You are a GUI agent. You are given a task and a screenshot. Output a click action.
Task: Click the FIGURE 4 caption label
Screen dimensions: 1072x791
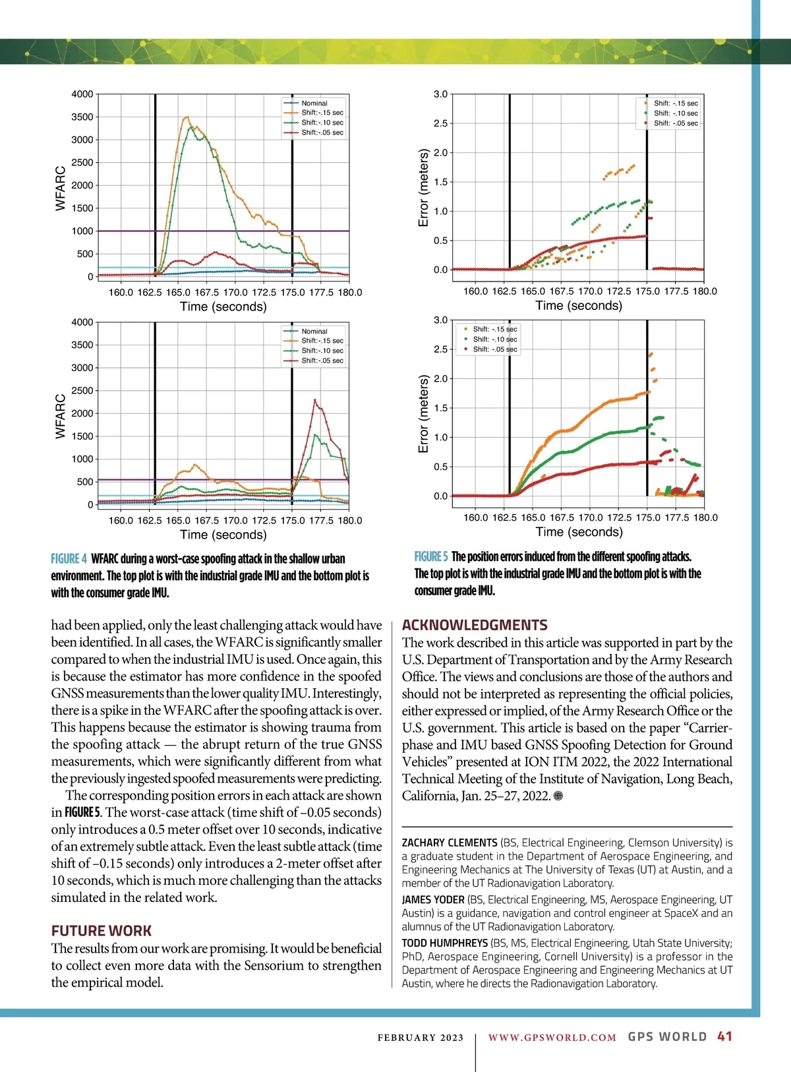(69, 559)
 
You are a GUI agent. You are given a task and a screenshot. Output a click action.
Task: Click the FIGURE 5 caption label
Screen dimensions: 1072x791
(431, 556)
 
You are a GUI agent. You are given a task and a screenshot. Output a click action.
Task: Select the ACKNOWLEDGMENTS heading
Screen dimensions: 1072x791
(475, 625)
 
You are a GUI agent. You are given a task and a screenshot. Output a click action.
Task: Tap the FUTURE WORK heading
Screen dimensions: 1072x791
(102, 931)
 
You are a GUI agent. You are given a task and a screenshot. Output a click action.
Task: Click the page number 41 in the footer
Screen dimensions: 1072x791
(724, 1036)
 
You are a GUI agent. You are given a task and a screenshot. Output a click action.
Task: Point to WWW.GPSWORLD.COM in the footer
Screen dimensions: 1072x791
(552, 1037)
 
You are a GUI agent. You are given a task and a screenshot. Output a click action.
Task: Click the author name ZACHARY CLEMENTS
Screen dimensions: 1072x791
(450, 843)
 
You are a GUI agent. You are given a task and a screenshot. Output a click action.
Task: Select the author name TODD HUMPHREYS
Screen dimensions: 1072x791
(445, 943)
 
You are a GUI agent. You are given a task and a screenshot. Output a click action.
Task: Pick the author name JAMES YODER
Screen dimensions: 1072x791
(433, 899)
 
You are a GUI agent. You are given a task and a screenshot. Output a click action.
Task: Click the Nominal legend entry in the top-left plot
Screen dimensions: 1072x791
(314, 103)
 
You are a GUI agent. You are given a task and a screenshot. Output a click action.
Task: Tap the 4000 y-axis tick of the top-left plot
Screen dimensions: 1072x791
(82, 94)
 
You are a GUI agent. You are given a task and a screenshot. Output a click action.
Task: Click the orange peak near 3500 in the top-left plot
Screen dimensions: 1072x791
(187, 117)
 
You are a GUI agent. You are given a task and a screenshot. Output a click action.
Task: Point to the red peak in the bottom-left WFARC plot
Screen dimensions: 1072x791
(315, 400)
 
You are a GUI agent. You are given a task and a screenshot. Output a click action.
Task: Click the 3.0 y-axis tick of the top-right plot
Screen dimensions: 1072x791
(440, 94)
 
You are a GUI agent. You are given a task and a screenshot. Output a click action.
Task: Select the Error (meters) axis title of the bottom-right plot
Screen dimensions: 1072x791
(424, 414)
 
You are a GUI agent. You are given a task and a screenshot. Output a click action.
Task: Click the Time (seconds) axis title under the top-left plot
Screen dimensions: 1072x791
(223, 307)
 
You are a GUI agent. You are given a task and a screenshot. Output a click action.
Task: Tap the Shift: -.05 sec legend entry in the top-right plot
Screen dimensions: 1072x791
(675, 123)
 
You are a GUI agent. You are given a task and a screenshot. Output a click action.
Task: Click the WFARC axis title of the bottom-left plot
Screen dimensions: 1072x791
(61, 416)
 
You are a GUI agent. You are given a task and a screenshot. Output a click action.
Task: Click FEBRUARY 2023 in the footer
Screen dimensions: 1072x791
(421, 1038)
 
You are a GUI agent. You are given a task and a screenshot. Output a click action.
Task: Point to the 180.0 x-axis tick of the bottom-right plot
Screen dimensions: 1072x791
(705, 518)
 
